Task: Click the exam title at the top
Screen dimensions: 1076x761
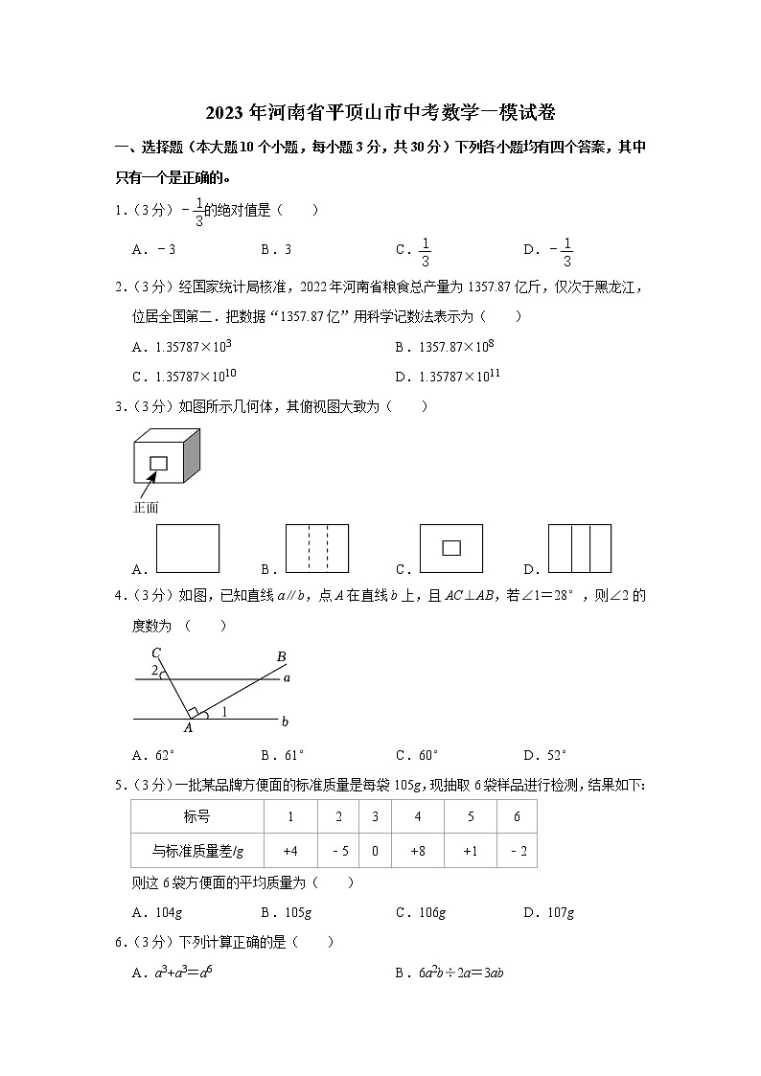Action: click(x=380, y=112)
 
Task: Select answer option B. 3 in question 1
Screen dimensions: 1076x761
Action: click(x=276, y=249)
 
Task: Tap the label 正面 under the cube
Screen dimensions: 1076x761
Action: click(x=145, y=508)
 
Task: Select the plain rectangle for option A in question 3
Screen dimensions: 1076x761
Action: click(x=187, y=548)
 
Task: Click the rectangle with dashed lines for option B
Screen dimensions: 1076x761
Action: click(x=317, y=548)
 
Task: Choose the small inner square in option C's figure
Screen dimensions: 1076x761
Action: click(x=450, y=548)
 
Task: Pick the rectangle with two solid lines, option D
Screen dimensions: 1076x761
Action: click(x=580, y=548)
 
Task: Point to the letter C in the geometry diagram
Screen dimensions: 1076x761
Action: click(x=155, y=652)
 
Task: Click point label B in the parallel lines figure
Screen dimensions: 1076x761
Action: click(x=281, y=656)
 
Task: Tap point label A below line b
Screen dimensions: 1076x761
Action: click(x=188, y=728)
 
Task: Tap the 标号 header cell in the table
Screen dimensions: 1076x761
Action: click(x=197, y=816)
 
